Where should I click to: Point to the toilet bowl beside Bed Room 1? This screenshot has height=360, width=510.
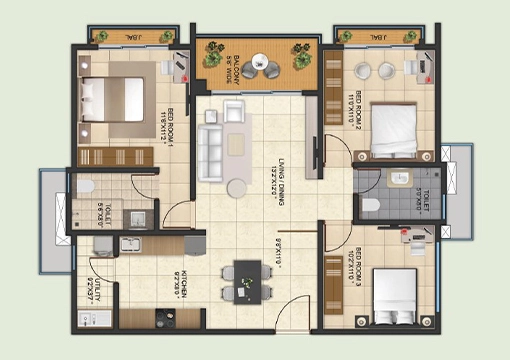(x=86, y=187)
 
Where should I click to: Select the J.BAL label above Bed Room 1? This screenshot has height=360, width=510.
(x=129, y=37)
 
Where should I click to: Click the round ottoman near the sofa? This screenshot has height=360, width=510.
(x=235, y=187)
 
